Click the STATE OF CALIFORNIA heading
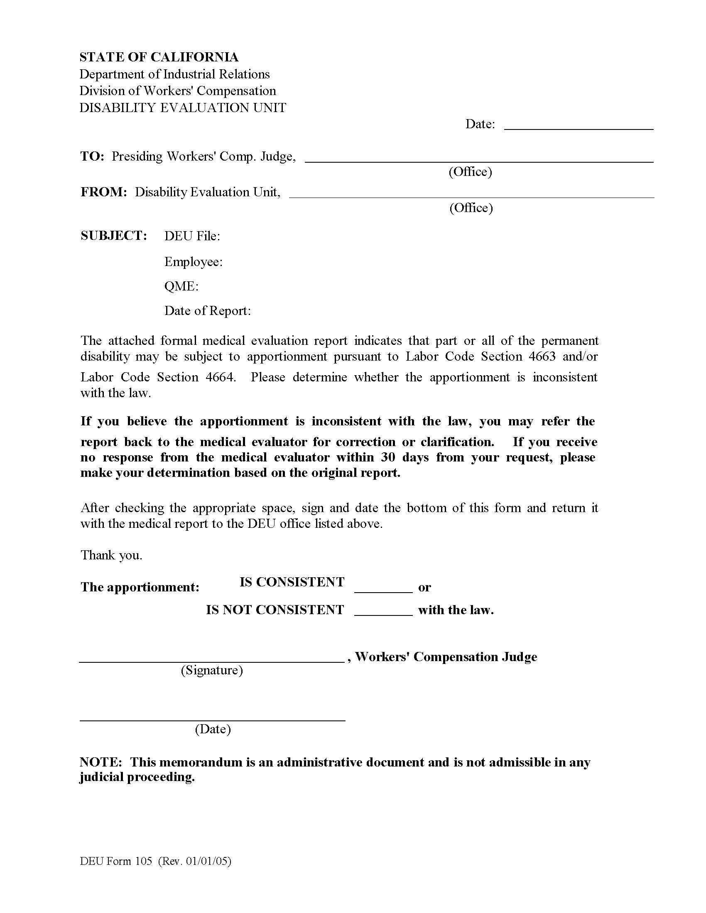click(x=159, y=57)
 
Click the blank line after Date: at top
click(x=579, y=125)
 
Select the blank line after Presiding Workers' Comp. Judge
click(x=479, y=158)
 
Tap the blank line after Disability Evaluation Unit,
click(x=471, y=193)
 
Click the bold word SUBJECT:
click(x=114, y=236)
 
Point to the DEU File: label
click(x=192, y=237)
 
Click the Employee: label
click(x=193, y=262)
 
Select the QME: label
click(x=181, y=287)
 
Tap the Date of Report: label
click(x=208, y=311)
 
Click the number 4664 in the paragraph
click(x=221, y=378)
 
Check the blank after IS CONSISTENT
click(x=383, y=588)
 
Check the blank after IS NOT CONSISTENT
click(x=383, y=611)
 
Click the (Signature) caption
click(x=212, y=671)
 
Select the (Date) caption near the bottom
click(x=213, y=729)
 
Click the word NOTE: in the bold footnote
click(x=101, y=762)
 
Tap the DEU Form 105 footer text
click(x=116, y=861)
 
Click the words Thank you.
click(x=111, y=555)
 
